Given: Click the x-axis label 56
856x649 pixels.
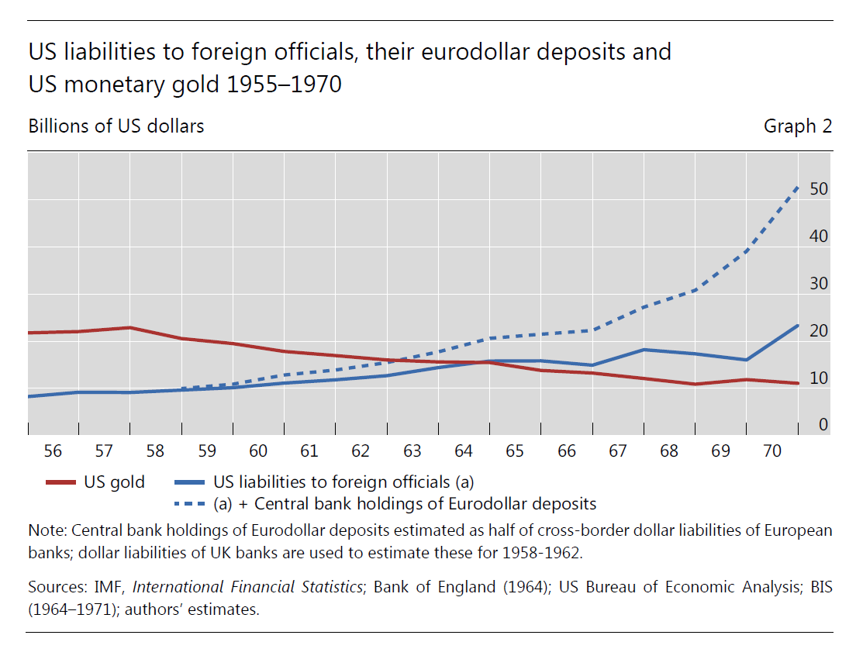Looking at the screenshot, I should [x=53, y=451].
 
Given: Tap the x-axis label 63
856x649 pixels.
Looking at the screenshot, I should [x=412, y=451].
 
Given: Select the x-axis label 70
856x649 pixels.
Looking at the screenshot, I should [x=771, y=451].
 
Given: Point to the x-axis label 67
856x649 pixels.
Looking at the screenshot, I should [x=617, y=451].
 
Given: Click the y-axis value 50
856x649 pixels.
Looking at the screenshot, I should [x=819, y=189].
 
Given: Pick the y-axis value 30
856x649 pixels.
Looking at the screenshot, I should [x=819, y=284].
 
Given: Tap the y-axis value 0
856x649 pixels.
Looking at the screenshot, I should [x=823, y=425].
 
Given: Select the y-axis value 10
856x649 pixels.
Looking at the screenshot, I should [x=819, y=378].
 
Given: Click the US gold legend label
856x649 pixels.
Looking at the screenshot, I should [x=114, y=482].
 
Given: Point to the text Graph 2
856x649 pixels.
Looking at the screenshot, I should [x=797, y=126].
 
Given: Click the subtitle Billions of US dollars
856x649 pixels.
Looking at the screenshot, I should [x=116, y=126].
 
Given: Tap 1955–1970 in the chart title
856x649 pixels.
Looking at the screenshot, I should [x=284, y=84].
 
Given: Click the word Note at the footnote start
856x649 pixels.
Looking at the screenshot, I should [x=45, y=531].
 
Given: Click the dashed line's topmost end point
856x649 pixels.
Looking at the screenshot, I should [x=798, y=186].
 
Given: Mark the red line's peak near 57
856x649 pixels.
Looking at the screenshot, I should [x=130, y=327].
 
